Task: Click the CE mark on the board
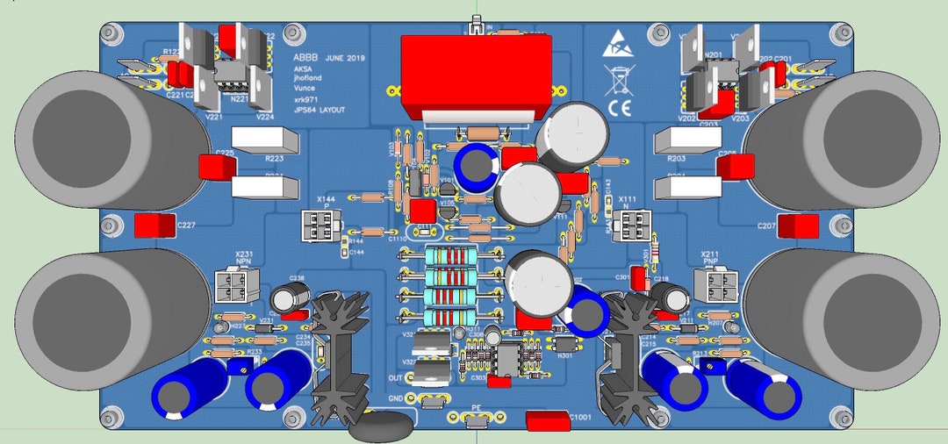coord(621,109)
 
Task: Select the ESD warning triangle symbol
coord(617,45)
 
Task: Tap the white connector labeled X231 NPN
coord(232,284)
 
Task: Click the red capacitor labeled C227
coord(154,226)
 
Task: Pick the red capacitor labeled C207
coord(799,226)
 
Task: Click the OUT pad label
coord(395,378)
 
